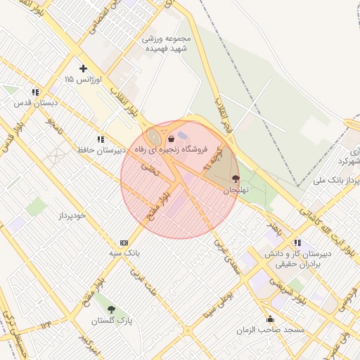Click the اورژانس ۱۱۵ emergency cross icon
point(84,68)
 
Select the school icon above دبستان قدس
point(34,92)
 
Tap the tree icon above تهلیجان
point(235,179)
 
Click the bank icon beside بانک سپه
point(124,242)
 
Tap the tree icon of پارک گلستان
point(111,309)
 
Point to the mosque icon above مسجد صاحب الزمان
point(270,319)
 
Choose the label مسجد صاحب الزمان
point(270,330)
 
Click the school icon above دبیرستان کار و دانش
point(297,243)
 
